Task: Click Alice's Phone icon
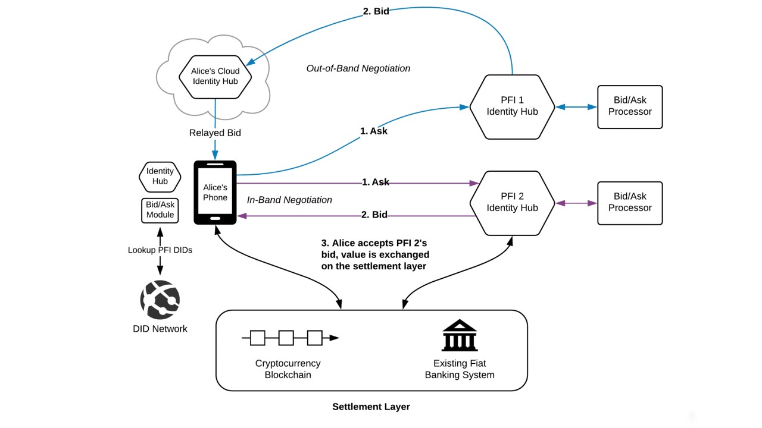215,192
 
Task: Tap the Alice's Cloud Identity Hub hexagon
215,75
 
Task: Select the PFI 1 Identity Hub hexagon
512,106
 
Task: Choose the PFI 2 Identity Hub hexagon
512,202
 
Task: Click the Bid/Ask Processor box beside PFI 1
630,106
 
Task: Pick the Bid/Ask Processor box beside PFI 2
630,203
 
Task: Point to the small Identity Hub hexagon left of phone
160,177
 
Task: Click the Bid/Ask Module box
160,210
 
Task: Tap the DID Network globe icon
160,300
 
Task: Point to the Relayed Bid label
215,133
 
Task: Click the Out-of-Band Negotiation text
358,68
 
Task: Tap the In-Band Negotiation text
289,200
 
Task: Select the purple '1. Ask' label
375,182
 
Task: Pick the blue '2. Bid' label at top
376,11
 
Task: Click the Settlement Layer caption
371,407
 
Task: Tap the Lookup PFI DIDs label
160,250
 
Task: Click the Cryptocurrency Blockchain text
288,369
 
